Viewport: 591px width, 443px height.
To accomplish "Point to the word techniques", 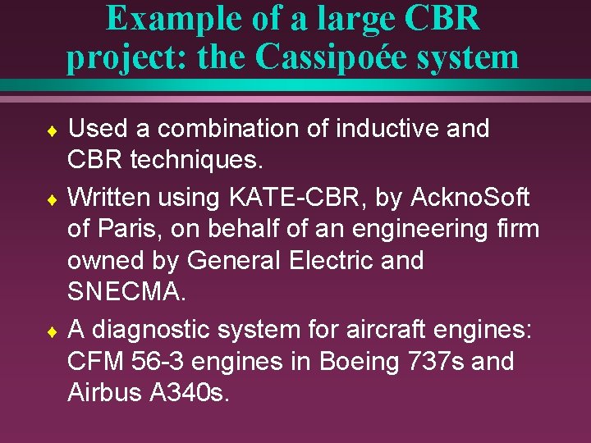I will (197, 161).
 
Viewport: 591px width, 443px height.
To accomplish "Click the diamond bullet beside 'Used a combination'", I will (52, 130).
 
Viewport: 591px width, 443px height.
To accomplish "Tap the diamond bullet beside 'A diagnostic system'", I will (52, 331).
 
